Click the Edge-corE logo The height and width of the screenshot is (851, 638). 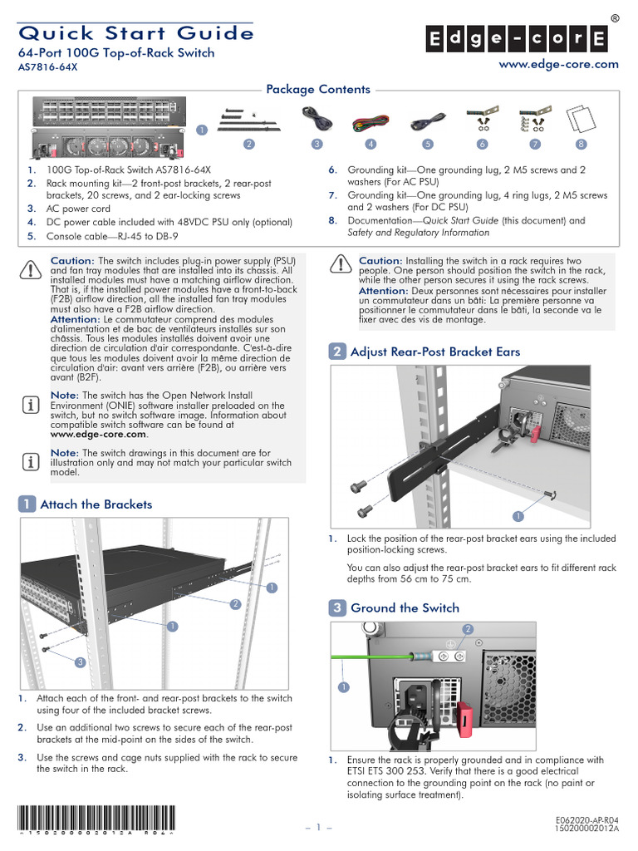[x=516, y=39]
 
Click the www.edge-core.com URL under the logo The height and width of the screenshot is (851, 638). [x=569, y=64]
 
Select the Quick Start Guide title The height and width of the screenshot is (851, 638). [x=136, y=33]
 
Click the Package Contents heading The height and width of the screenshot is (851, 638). [x=317, y=90]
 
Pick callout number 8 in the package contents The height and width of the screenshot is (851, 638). [x=581, y=144]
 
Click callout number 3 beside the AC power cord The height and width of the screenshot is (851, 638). [x=317, y=144]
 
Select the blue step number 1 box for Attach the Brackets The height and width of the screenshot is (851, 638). [x=27, y=504]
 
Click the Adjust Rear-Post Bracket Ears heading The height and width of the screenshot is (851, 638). [x=435, y=352]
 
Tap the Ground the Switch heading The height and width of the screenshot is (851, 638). [x=405, y=608]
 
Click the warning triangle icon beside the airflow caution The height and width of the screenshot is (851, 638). [x=29, y=270]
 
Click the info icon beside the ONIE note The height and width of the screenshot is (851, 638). [x=29, y=405]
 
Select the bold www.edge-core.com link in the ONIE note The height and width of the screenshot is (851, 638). [x=99, y=434]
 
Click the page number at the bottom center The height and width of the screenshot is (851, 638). [x=319, y=829]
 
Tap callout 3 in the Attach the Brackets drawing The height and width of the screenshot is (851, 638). [x=80, y=662]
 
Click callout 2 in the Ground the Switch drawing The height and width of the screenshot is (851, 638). [x=468, y=628]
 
